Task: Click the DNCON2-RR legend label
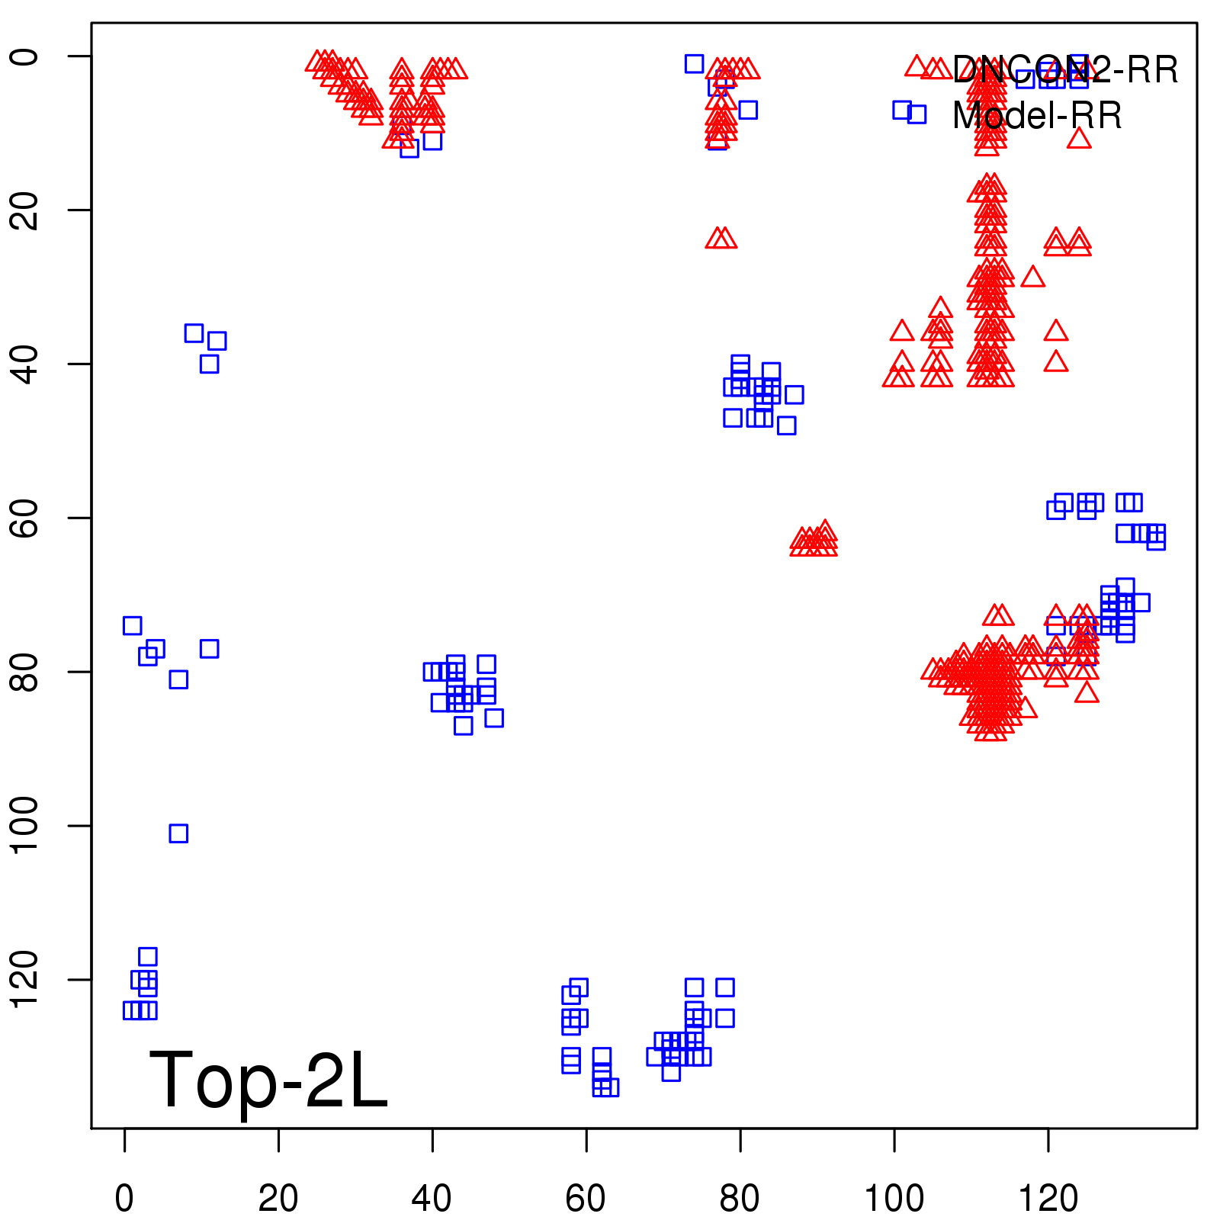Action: pos(1064,70)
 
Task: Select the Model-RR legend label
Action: pos(1037,116)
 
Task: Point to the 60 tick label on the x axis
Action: pos(586,1198)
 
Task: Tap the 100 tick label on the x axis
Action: pos(894,1198)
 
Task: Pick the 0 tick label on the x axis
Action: pos(124,1198)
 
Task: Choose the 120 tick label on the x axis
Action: pos(1048,1198)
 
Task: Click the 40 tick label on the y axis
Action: pos(24,364)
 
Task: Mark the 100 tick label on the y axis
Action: pos(24,826)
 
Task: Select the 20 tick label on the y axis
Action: pos(24,210)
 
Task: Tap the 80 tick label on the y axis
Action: pos(24,672)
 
